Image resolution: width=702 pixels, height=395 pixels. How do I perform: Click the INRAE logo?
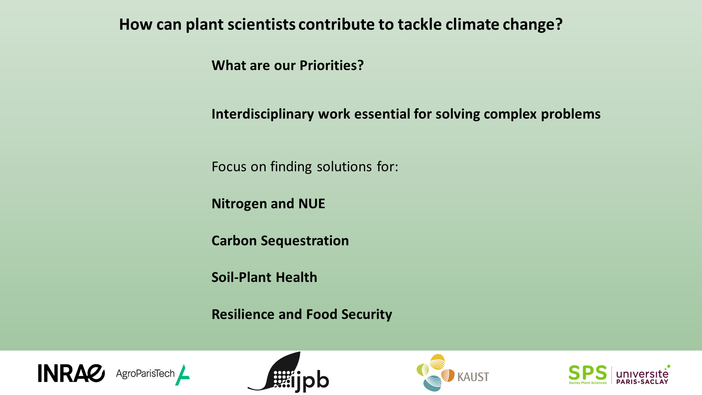tap(71, 373)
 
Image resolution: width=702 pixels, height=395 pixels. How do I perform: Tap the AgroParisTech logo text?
tap(145, 374)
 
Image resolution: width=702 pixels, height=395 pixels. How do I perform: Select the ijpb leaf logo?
tap(288, 372)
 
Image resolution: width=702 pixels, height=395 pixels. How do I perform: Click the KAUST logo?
tap(452, 373)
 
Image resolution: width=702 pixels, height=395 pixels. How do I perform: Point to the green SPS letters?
tap(588, 373)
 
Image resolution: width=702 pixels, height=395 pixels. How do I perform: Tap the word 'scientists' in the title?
tap(262, 24)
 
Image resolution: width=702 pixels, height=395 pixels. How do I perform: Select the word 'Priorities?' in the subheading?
tap(331, 65)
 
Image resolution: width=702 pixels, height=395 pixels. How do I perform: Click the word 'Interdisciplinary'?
tap(263, 114)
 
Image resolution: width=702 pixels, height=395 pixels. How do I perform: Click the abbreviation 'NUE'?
tap(311, 203)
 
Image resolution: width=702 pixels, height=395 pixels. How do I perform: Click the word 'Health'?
tap(297, 277)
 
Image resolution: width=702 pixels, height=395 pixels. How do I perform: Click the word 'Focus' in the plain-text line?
tap(229, 167)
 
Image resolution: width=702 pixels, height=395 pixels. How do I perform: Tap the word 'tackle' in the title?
tap(419, 24)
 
